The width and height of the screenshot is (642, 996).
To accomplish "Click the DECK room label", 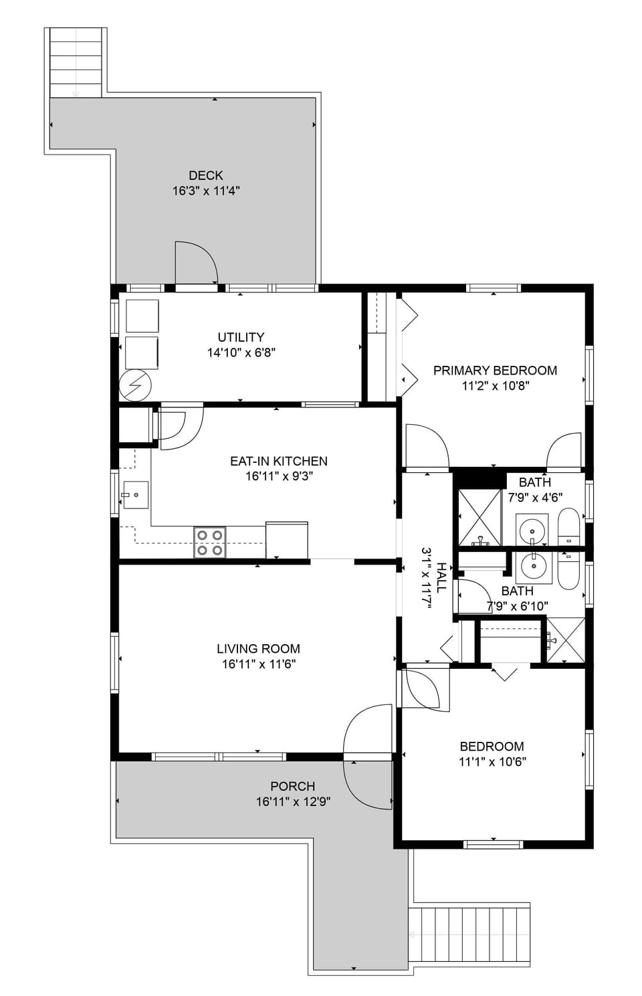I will pos(205,175).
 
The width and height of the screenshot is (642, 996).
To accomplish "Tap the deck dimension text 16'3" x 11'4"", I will pos(205,191).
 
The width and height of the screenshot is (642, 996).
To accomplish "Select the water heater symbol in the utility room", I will pos(136,385).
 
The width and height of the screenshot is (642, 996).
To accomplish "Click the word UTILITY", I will pos(241,337).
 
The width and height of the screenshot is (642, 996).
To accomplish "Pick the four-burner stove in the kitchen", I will pos(209,542).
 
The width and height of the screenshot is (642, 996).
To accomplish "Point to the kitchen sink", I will pos(135,495).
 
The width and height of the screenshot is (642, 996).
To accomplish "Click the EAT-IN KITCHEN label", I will pos(278,461).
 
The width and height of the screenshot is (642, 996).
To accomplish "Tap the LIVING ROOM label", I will pos(258,648).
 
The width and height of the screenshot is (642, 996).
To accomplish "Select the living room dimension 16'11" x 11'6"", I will pos(258,664).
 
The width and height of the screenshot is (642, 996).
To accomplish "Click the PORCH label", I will pos(292,786).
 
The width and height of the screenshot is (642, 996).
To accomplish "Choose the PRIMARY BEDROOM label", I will pos(495,370).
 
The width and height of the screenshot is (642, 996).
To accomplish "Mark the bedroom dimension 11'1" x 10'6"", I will pos(492,761).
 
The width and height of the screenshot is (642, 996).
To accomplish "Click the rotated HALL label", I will pos(441,577).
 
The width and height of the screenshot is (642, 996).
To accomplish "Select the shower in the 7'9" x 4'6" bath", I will pos(479,518).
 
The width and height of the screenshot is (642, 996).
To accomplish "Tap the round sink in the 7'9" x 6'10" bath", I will pos(534,567).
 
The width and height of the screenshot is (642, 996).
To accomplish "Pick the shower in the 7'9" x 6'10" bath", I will pos(565,641).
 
